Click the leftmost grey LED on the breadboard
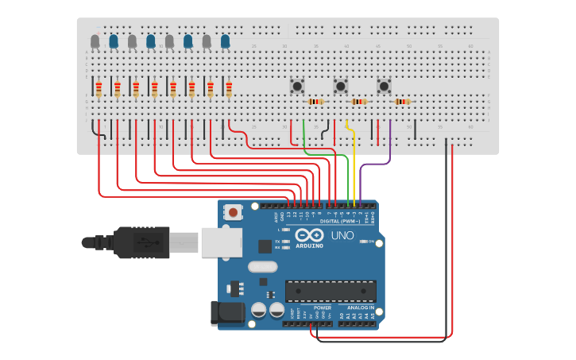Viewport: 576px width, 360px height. [x=95, y=41]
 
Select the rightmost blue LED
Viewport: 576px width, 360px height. [x=225, y=41]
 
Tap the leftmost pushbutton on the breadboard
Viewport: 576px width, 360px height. [x=297, y=86]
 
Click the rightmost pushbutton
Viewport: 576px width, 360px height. [x=384, y=86]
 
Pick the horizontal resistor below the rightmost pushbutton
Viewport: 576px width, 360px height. [x=403, y=102]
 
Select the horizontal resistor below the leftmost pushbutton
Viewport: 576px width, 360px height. [x=316, y=102]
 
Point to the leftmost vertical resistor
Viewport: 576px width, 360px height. [x=99, y=88]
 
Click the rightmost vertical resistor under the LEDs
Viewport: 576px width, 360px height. [x=229, y=88]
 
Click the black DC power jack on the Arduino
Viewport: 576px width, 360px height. [x=226, y=313]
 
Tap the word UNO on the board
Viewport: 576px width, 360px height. [x=342, y=236]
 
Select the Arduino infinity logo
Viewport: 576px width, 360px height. [x=309, y=235]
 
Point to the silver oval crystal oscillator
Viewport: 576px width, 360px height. [x=262, y=267]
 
